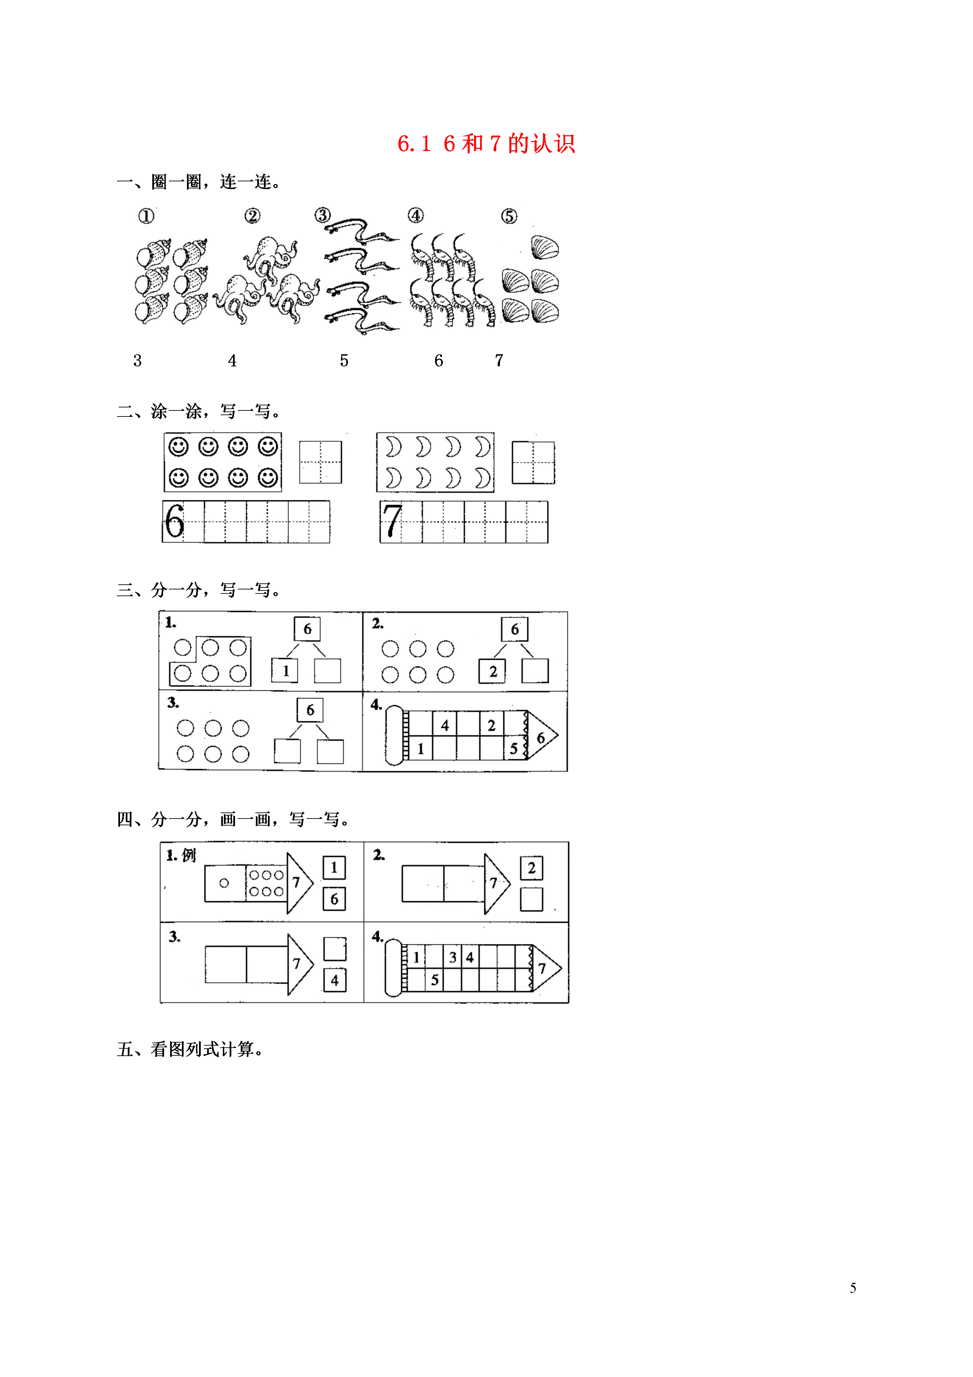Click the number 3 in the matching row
click(137, 360)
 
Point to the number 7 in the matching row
click(499, 360)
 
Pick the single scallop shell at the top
click(545, 247)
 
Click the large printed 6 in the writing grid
click(174, 521)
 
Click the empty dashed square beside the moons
click(533, 462)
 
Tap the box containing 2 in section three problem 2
click(492, 671)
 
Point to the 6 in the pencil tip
click(541, 738)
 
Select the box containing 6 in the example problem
click(334, 898)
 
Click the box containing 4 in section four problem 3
click(335, 981)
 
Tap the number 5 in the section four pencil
click(435, 980)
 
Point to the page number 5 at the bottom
click(853, 1288)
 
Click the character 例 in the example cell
click(189, 855)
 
